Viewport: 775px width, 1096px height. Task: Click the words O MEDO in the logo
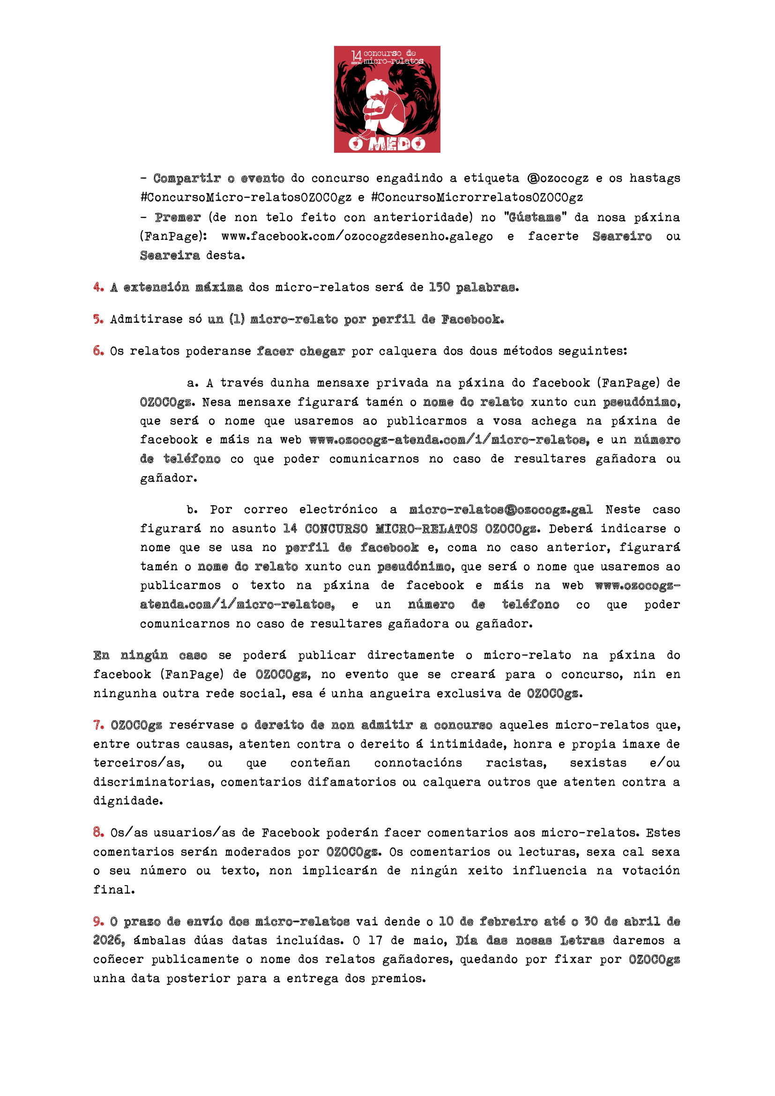[387, 143]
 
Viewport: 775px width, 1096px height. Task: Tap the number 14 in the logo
[356, 56]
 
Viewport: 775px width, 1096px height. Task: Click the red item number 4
[98, 287]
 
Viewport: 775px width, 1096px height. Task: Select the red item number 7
[98, 724]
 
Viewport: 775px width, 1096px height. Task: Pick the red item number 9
[98, 921]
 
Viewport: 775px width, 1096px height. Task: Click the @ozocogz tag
[558, 178]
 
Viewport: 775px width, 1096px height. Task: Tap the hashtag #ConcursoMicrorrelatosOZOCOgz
[477, 197]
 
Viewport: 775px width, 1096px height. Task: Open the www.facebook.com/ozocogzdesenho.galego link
[357, 236]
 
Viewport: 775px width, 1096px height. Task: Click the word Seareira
[170, 255]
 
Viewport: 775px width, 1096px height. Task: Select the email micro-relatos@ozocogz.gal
[500, 509]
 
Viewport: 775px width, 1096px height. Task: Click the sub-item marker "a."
[192, 383]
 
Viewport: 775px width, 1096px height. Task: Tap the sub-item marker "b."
[192, 509]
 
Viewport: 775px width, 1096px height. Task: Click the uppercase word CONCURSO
[336, 529]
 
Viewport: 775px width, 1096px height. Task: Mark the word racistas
[516, 763]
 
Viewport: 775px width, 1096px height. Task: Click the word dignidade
[127, 800]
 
